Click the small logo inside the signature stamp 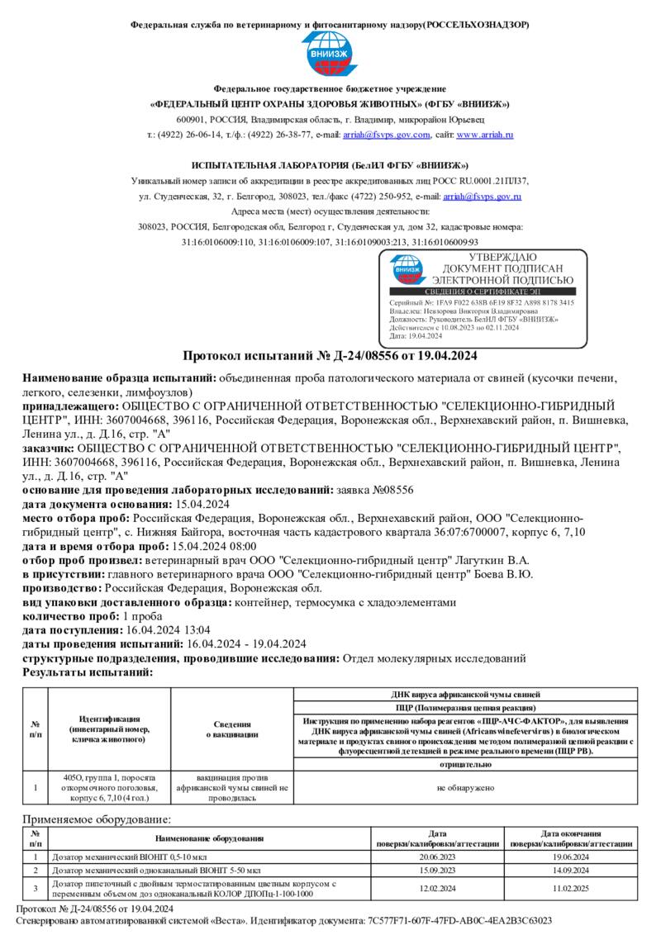coord(407,268)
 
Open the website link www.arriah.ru coord(485,135)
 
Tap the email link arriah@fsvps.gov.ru coord(482,197)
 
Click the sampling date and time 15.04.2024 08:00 coord(213,546)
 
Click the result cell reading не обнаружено coord(465,788)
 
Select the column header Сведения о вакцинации coord(232,729)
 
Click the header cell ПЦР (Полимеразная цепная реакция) coord(465,708)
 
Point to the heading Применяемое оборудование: coord(97,819)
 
